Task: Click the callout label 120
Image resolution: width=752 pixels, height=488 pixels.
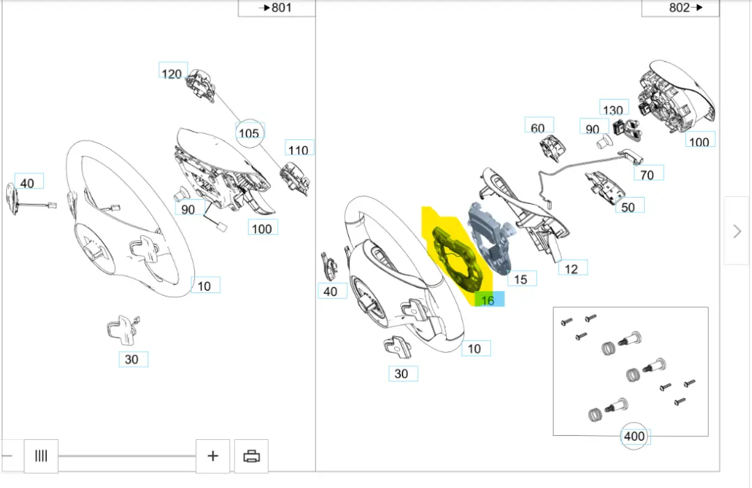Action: click(x=171, y=74)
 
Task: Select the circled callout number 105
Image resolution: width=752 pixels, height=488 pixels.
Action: click(x=249, y=133)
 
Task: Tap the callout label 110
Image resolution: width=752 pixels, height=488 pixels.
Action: click(x=298, y=149)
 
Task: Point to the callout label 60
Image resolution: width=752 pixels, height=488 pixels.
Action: click(x=538, y=127)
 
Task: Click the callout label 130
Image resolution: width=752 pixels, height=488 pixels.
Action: click(x=613, y=110)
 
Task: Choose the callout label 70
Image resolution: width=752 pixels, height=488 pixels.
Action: click(x=648, y=175)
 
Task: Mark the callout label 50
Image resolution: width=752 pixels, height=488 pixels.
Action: click(x=628, y=207)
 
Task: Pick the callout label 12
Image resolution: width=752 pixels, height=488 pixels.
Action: click(x=572, y=269)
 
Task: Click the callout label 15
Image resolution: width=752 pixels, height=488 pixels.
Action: click(x=521, y=279)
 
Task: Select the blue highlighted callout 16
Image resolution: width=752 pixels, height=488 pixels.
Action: click(x=489, y=300)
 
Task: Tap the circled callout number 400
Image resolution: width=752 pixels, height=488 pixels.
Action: click(x=634, y=436)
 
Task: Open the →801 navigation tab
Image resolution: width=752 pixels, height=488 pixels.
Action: click(x=276, y=8)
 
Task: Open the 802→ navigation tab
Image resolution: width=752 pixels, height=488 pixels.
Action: click(x=680, y=8)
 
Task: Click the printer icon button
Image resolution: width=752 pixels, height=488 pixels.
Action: click(x=251, y=456)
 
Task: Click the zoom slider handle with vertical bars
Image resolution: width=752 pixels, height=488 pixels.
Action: click(x=41, y=456)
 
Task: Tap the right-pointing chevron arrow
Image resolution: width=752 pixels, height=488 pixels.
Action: click(x=737, y=231)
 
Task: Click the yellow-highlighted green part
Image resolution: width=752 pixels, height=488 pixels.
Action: click(x=455, y=258)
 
